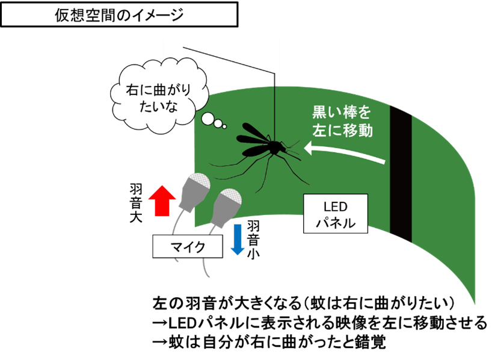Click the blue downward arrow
click(x=238, y=238)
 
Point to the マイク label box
click(x=188, y=246)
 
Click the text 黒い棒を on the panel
click(x=342, y=113)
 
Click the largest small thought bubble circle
click(x=207, y=120)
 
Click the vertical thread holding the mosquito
click(x=275, y=102)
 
